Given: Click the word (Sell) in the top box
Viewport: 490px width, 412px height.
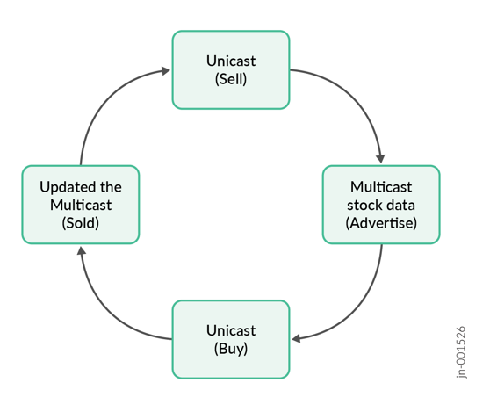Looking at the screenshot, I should point(231,79).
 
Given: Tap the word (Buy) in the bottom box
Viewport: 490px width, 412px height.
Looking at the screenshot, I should point(231,348).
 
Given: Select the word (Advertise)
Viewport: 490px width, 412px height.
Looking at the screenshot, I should point(381,222).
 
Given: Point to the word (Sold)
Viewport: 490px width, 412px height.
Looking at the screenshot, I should point(81,222).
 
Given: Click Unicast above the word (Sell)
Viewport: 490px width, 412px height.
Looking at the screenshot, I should point(231,61).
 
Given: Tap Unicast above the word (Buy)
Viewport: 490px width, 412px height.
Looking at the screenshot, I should point(231,330).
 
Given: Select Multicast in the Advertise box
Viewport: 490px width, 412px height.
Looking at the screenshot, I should point(381,187).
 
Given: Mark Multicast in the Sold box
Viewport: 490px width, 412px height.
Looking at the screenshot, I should point(81,205).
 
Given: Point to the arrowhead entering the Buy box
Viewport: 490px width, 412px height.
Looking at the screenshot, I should point(298,338).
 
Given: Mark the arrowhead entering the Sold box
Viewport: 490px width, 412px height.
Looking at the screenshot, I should point(81,251).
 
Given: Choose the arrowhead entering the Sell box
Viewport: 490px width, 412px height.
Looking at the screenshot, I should point(164,70).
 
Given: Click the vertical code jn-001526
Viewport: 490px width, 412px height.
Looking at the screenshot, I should point(462,351).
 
